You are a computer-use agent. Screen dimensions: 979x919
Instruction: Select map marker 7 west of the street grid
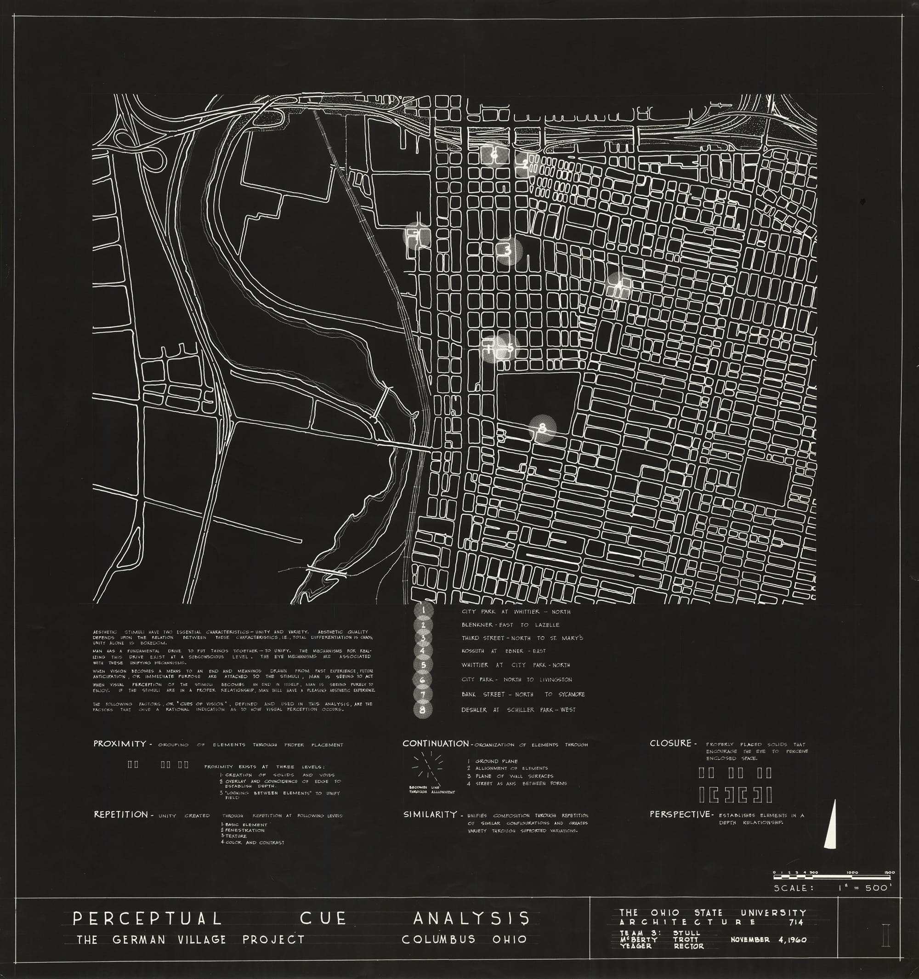coord(416,236)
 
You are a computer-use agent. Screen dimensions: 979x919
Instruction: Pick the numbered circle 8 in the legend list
coord(423,710)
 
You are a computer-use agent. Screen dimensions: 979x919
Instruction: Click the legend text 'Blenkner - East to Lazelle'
coord(510,625)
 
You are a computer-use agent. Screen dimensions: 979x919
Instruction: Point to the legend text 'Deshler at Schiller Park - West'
coord(518,710)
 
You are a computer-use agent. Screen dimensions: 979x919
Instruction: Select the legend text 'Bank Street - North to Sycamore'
coord(523,694)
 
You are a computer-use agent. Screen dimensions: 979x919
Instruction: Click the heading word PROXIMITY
coord(119,744)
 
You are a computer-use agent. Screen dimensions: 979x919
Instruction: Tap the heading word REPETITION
coord(120,814)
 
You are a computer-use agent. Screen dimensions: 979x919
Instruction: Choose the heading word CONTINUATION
coord(436,744)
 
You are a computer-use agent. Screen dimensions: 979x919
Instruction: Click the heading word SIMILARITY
coord(430,814)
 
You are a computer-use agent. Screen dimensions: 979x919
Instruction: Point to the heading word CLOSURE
coord(670,743)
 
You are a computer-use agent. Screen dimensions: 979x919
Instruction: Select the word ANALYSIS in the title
coord(471,918)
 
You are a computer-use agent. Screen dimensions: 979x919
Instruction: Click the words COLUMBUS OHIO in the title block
coord(464,939)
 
